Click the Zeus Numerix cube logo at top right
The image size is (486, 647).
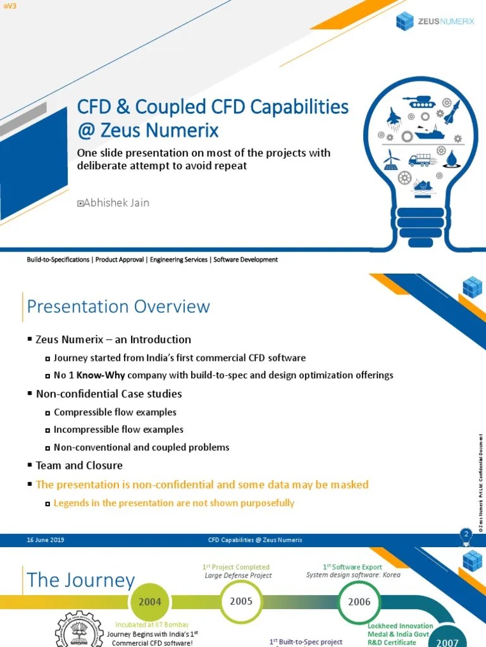(404, 21)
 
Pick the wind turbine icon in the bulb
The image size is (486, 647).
(391, 159)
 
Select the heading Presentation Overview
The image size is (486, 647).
(118, 306)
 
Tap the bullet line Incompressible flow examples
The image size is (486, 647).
(118, 430)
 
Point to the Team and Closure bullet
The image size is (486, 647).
(79, 465)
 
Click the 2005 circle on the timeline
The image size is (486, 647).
(241, 601)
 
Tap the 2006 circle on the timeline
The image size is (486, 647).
(359, 602)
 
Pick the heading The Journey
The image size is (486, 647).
(81, 581)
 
